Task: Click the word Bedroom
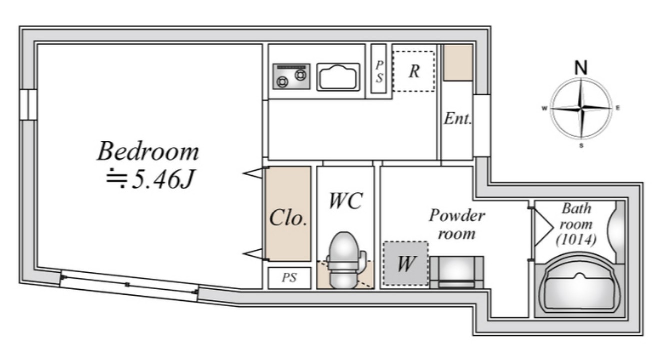(x=148, y=151)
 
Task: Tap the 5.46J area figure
(x=162, y=179)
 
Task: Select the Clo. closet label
(x=288, y=218)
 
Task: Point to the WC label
(x=346, y=201)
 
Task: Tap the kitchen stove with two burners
(x=291, y=76)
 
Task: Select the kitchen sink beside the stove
(x=338, y=77)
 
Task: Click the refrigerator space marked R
(x=414, y=71)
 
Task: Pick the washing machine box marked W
(x=406, y=263)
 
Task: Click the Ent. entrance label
(x=458, y=119)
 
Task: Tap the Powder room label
(x=457, y=224)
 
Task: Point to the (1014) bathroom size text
(x=576, y=239)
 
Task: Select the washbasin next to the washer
(x=456, y=272)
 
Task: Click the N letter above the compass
(x=581, y=68)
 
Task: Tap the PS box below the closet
(x=289, y=278)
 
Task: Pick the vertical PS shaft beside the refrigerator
(x=379, y=69)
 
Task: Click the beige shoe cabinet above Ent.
(x=458, y=62)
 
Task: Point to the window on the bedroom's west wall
(x=28, y=105)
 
